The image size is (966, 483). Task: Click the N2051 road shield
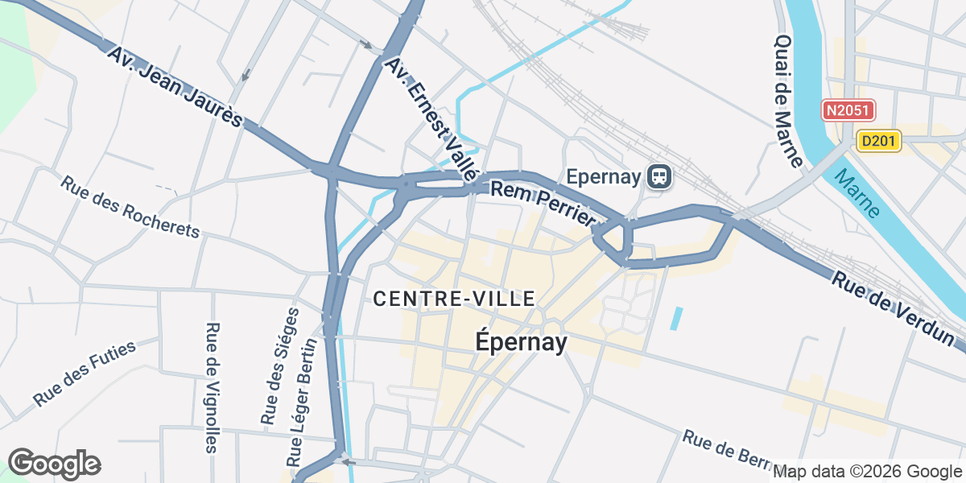pos(848,111)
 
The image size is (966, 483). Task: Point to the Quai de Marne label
pos(789,101)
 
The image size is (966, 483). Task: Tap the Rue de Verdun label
pos(892,306)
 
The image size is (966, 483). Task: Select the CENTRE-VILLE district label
pos(454,299)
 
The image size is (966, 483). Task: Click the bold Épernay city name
pos(521,342)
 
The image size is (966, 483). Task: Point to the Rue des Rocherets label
pos(129,207)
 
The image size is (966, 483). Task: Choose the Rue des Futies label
pos(85,373)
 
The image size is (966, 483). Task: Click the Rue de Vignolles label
pos(212,387)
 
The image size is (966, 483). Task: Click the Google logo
pos(54,464)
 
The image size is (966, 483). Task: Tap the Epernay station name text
pos(603,176)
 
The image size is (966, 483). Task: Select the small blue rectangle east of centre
pos(676,319)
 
